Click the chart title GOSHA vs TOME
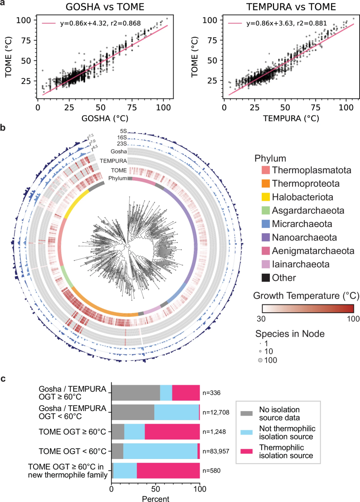[x=95, y=7]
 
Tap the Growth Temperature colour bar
[x=308, y=309]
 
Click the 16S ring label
[x=122, y=137]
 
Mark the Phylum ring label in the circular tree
[x=118, y=178]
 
